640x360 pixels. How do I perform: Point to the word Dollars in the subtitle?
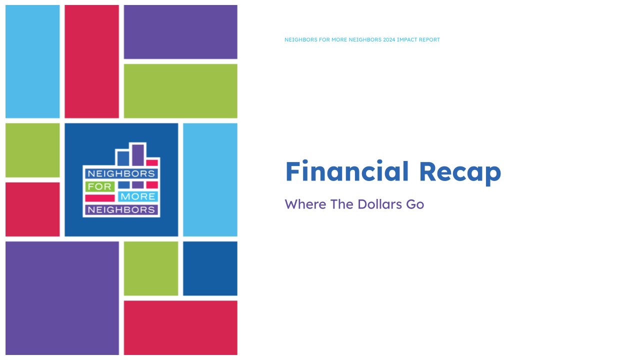376,204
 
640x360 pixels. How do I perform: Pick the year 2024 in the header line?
389,39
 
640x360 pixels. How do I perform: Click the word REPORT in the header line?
430,39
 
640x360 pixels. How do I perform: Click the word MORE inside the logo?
138,197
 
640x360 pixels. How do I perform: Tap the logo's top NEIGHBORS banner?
121,173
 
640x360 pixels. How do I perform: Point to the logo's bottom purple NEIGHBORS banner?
121,209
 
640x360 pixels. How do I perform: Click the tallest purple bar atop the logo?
138,154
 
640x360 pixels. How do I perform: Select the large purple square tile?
62,298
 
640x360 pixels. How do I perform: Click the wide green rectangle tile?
180,91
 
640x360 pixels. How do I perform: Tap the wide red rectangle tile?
180,327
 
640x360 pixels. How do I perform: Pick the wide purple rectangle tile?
180,32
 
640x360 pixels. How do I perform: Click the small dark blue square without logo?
210,268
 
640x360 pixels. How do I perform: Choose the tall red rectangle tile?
91,61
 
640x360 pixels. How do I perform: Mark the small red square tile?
32,209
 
